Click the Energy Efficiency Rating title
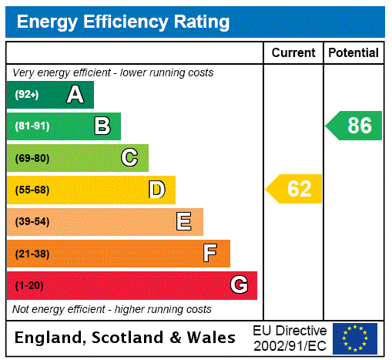click(123, 22)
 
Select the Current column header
click(293, 53)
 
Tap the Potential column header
click(353, 53)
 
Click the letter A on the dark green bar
click(75, 95)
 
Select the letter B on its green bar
click(102, 126)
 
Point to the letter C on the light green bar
click(129, 158)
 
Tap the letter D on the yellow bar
click(157, 190)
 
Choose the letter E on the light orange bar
click(184, 222)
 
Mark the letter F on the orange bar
click(210, 254)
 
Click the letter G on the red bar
click(239, 285)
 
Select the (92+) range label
click(28, 95)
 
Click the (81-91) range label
click(32, 126)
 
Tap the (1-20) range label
click(28, 286)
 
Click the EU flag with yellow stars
click(355, 338)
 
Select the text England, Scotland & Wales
click(126, 338)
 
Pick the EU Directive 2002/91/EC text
click(290, 338)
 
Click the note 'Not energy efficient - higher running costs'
click(112, 309)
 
